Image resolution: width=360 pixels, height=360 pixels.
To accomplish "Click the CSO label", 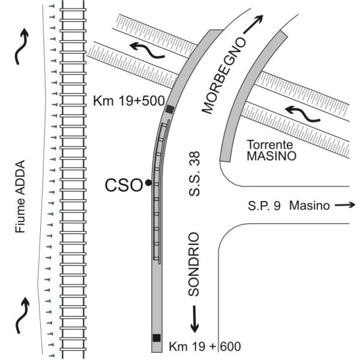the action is (x=124, y=185).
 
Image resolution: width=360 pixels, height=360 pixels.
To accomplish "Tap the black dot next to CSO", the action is (x=148, y=183).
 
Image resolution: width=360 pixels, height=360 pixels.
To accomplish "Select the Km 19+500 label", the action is (x=129, y=101).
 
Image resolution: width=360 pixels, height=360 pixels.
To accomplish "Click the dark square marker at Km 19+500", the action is (x=170, y=109).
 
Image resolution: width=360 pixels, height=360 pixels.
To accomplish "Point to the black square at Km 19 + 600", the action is (x=157, y=338).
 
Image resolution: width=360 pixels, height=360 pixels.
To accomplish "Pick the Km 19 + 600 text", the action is (x=205, y=346).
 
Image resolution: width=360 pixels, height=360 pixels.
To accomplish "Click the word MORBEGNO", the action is (x=224, y=76).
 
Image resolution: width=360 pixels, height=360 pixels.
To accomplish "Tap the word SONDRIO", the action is (x=193, y=264).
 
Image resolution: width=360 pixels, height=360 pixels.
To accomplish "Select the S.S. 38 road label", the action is (x=194, y=173).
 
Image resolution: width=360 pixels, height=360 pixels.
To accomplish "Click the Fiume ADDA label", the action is (x=20, y=197).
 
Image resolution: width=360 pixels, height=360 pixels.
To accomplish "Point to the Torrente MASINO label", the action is (x=271, y=151).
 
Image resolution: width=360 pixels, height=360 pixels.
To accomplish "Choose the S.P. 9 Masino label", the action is (x=289, y=205).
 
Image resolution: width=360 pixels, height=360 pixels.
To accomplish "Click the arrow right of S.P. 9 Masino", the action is (x=345, y=205).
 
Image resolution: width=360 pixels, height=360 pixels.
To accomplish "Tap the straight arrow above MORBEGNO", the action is (x=253, y=24).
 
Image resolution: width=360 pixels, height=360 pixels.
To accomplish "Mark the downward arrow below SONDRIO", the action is (x=194, y=319).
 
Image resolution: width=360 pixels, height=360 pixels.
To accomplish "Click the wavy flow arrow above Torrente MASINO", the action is (x=302, y=113).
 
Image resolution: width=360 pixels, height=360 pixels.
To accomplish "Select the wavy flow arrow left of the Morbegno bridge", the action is (x=147, y=50).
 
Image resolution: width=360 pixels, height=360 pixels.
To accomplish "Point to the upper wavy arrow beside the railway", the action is (x=22, y=47).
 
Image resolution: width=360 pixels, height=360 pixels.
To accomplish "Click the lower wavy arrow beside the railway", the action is (x=22, y=315).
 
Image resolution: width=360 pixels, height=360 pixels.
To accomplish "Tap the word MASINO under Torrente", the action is (x=271, y=156).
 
